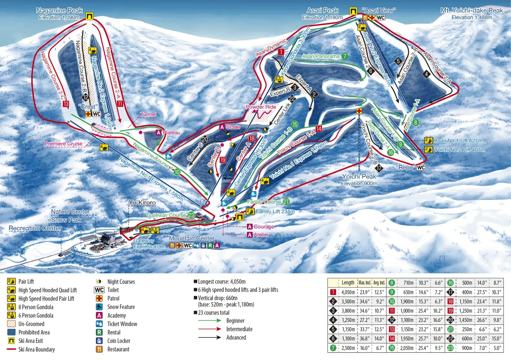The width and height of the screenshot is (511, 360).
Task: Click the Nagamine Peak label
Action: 59,10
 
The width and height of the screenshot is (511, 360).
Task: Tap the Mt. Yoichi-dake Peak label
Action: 472,10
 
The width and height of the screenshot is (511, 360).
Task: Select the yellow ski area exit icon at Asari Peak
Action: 353,11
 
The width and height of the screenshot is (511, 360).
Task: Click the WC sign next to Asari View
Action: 380,18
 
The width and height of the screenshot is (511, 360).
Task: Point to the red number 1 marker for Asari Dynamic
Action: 281,52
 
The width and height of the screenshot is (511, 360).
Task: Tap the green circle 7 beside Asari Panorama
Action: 344,56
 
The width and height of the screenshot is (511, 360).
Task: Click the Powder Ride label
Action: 261,107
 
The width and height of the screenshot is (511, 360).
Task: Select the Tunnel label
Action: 148,114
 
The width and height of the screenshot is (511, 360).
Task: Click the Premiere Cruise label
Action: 64,144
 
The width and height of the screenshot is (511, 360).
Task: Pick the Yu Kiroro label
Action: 142,203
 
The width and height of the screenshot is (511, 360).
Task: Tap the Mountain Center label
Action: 192,238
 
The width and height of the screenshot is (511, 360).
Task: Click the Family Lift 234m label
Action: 275,211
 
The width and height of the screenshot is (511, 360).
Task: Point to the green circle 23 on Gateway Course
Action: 191,215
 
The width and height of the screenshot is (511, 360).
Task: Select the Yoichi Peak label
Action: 359,176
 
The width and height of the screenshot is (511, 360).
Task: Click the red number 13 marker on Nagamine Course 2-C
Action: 66,104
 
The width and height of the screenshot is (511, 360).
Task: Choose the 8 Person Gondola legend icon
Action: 11,307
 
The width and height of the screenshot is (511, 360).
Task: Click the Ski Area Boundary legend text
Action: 37,349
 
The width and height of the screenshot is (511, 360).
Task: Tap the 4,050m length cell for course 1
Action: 348,292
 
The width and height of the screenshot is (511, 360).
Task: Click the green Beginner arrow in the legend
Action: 209,321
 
